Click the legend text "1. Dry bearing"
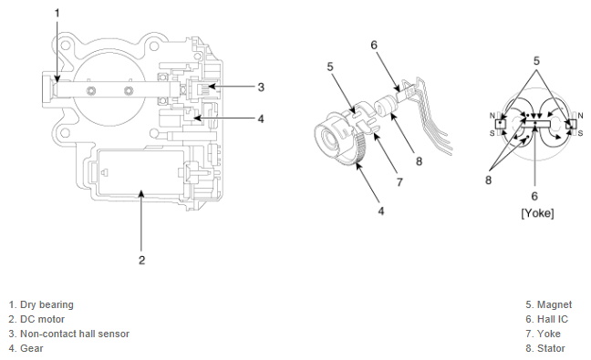[x=41, y=304]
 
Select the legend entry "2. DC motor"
[x=36, y=319]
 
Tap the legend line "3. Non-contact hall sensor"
[x=69, y=334]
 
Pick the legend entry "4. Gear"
[x=26, y=349]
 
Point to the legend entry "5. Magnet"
[x=549, y=304]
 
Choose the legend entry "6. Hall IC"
[x=546, y=319]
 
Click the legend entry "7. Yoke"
[x=544, y=334]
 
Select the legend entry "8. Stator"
[x=545, y=349]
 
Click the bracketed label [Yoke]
[x=537, y=213]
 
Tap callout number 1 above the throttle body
[x=57, y=14]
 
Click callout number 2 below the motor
[x=141, y=261]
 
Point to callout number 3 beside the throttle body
[x=261, y=87]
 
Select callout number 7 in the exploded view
[x=399, y=182]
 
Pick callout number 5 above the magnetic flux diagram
[x=536, y=61]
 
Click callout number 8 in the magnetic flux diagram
[x=489, y=180]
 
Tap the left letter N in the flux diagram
[x=492, y=116]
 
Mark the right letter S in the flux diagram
[x=580, y=133]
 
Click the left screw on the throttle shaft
[x=91, y=91]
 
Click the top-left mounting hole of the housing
[x=65, y=46]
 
